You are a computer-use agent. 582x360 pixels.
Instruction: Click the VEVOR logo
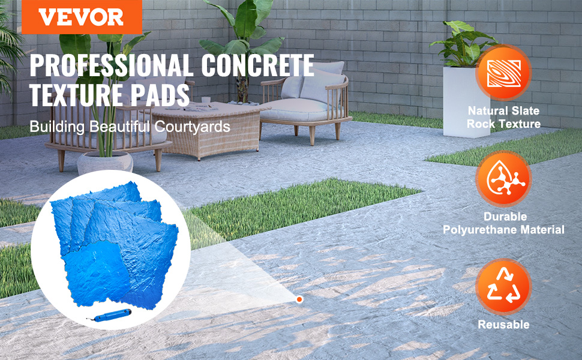click(x=82, y=17)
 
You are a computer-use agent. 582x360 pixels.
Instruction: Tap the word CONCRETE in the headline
click(x=257, y=65)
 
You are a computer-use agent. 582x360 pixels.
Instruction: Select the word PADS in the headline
click(x=160, y=95)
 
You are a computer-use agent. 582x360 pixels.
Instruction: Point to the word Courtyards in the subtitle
click(x=192, y=127)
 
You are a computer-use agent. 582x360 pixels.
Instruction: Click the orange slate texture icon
click(x=503, y=73)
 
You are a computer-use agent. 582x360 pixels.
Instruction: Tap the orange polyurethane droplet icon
click(x=503, y=179)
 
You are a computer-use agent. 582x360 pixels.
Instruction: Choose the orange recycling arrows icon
click(x=503, y=286)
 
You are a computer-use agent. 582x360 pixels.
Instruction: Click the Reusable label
click(x=503, y=325)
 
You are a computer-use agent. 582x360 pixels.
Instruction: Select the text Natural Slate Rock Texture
click(x=503, y=117)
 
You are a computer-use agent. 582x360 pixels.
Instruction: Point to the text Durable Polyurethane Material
click(x=503, y=223)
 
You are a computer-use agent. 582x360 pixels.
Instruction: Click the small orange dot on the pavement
click(x=299, y=299)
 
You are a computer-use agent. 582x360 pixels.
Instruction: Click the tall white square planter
click(x=466, y=101)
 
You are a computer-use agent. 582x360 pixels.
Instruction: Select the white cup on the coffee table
click(x=206, y=100)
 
